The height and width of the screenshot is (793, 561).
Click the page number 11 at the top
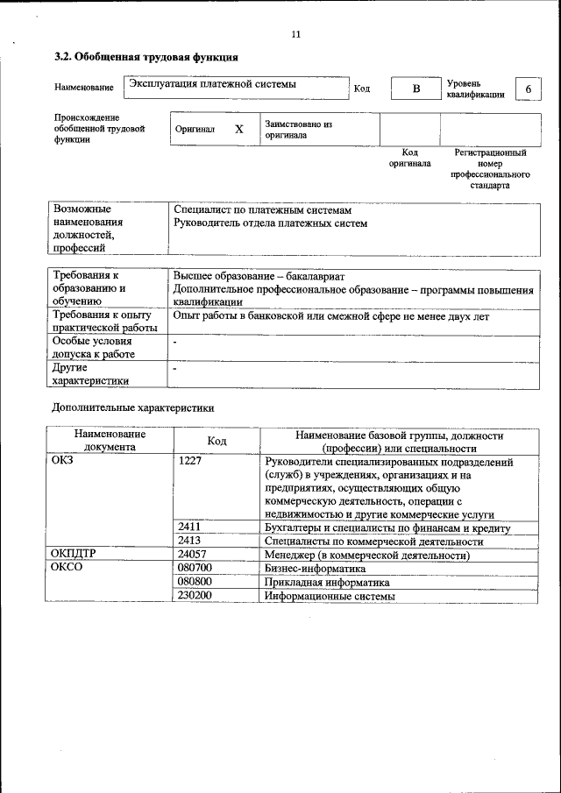[295, 34]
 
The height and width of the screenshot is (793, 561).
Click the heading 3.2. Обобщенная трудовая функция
[146, 57]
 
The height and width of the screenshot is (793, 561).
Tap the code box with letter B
[416, 89]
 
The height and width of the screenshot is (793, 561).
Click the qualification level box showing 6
[528, 89]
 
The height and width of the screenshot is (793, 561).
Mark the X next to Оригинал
[238, 129]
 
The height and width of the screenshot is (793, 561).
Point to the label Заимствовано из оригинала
[298, 130]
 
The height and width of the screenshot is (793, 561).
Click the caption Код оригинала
[409, 158]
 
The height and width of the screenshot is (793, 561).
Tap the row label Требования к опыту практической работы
[104, 322]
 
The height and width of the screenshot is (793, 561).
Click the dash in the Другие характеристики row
[175, 370]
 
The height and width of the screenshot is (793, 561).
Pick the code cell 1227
[190, 462]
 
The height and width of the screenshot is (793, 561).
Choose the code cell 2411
[190, 527]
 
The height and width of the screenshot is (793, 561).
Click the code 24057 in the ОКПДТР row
[192, 555]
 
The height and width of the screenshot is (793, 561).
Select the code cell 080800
[194, 581]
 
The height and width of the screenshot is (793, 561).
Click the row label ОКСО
[68, 568]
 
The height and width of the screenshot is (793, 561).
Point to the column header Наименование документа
[110, 440]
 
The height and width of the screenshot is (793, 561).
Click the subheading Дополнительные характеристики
[133, 407]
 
